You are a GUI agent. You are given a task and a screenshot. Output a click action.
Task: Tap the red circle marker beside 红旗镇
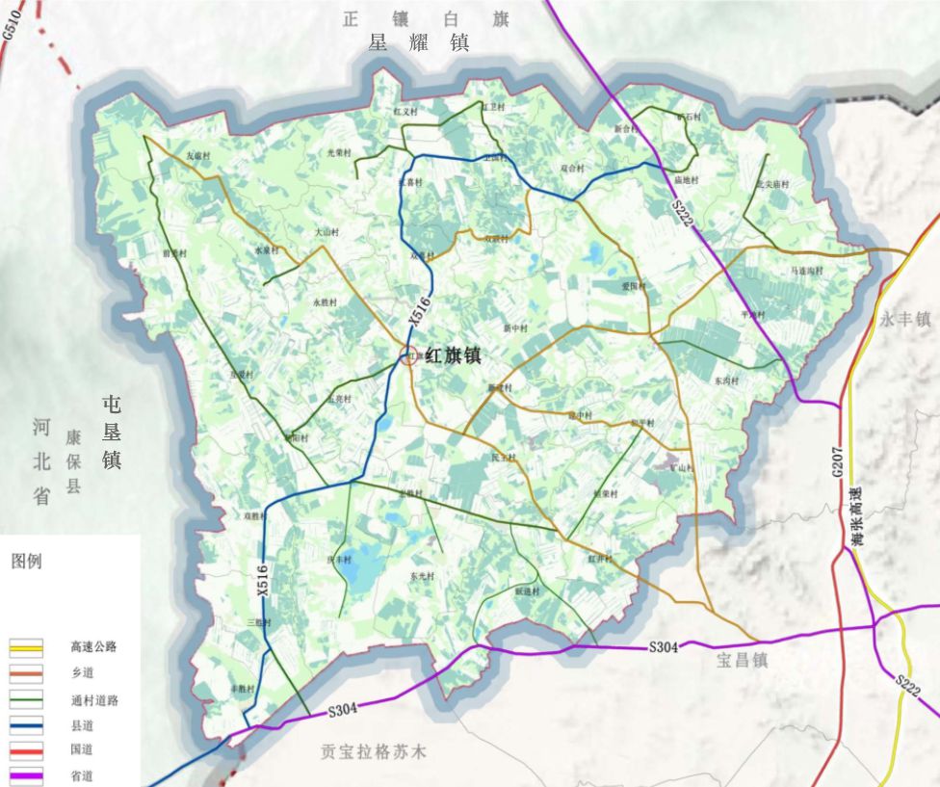click(408, 356)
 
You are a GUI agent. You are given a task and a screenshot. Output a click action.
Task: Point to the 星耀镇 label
click(418, 43)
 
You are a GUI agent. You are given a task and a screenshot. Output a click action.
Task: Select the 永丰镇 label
click(904, 320)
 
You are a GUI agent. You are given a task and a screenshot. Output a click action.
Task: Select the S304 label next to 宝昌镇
click(663, 647)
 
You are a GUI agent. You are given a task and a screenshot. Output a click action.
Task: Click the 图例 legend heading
click(26, 562)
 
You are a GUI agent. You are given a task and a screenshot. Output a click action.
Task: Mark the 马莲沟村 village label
click(806, 271)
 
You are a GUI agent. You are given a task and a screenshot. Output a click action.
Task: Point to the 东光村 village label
click(422, 575)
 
